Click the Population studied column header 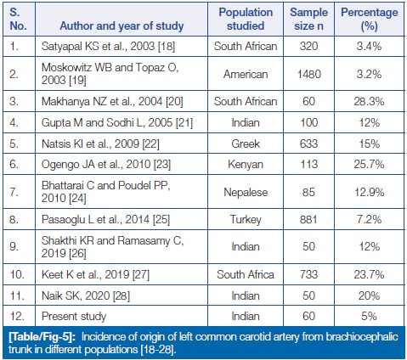[x=246, y=19]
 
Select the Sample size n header [x=308, y=19]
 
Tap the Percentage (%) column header [x=370, y=19]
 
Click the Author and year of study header [x=122, y=25]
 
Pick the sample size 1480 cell [x=308, y=74]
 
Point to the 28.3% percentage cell [x=369, y=101]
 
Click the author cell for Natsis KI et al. [x=100, y=143]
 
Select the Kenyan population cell [x=246, y=165]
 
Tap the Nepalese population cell [x=246, y=192]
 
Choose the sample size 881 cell [x=308, y=219]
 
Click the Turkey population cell [x=246, y=220]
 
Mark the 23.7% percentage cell [x=369, y=274]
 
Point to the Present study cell [x=74, y=316]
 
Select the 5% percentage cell [x=369, y=316]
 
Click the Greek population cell [x=246, y=143]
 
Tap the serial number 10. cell [x=17, y=274]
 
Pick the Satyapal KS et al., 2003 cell [x=108, y=46]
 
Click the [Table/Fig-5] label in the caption [x=42, y=337]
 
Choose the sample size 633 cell [x=308, y=143]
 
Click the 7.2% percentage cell [x=369, y=219]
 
